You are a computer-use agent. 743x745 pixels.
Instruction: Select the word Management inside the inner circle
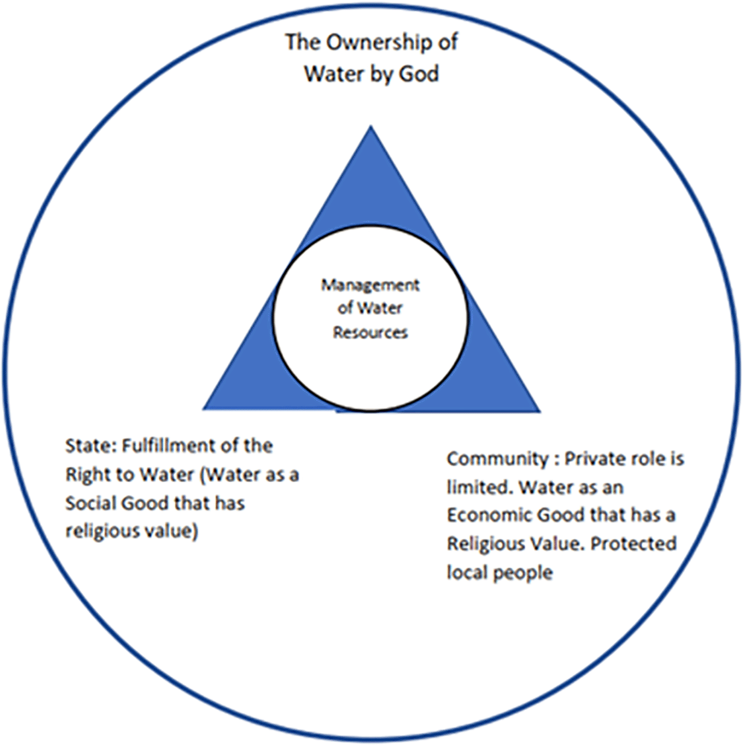pos(370,285)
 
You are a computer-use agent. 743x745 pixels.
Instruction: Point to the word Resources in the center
pos(370,333)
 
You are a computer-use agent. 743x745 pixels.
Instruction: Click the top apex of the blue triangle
pos(371,128)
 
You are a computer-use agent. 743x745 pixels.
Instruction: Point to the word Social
pos(91,503)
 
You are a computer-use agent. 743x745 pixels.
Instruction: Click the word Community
pos(497,459)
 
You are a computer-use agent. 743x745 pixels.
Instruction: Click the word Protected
pos(633,544)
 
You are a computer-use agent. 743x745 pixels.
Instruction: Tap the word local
pos(467,573)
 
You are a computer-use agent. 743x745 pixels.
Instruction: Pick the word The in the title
pos(302,43)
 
